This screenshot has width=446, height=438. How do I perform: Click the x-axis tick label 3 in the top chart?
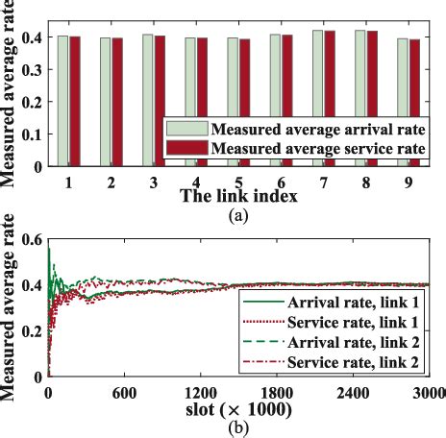tap(154, 182)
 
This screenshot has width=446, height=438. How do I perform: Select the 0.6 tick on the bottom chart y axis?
tap(32, 239)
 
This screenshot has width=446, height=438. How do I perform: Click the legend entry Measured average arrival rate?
tap(297, 130)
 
